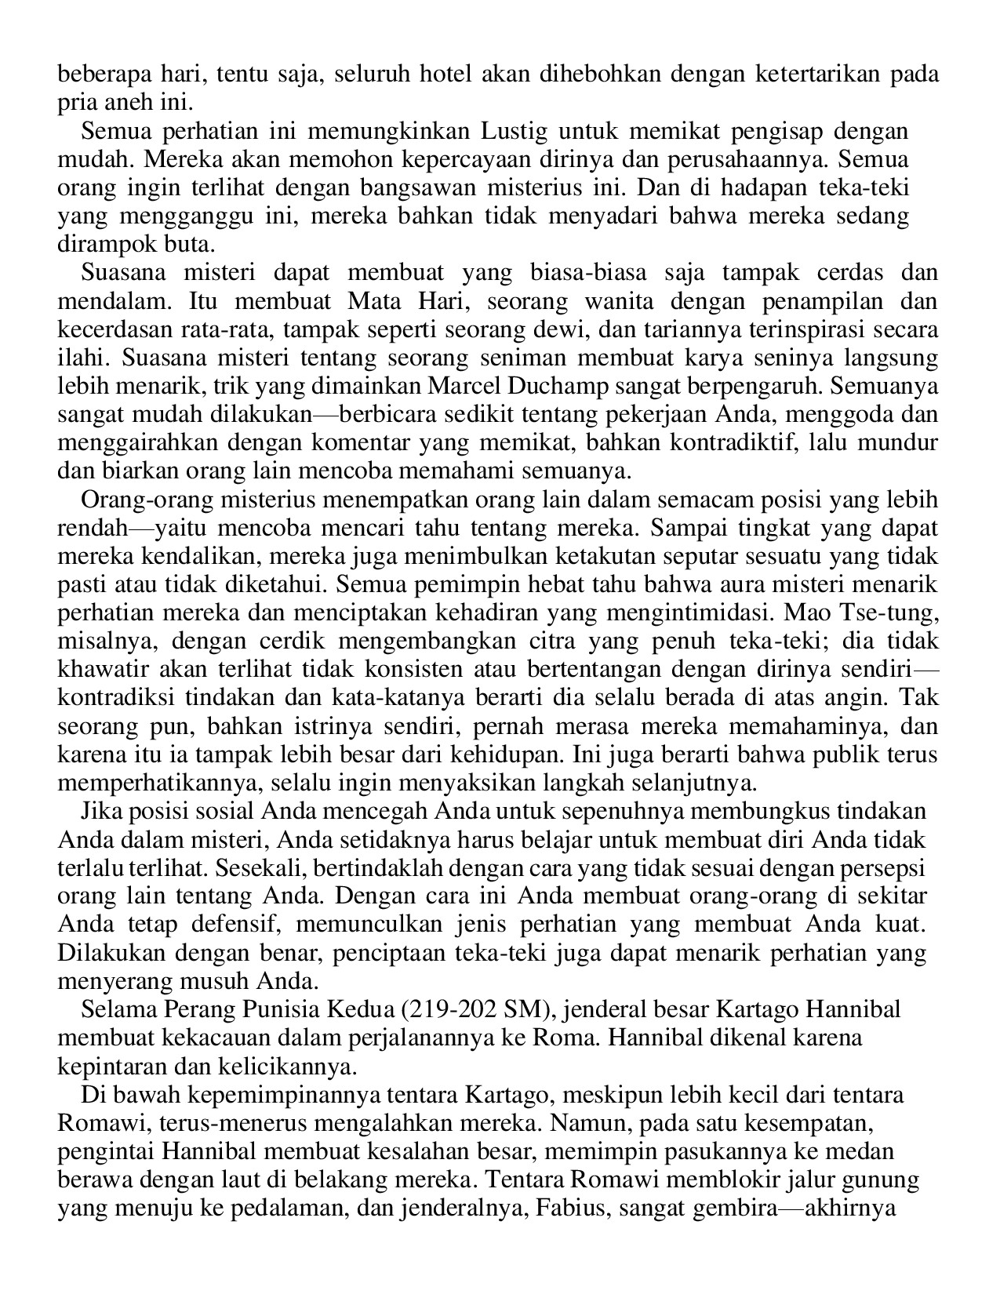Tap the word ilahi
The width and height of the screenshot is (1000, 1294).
click(77, 358)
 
